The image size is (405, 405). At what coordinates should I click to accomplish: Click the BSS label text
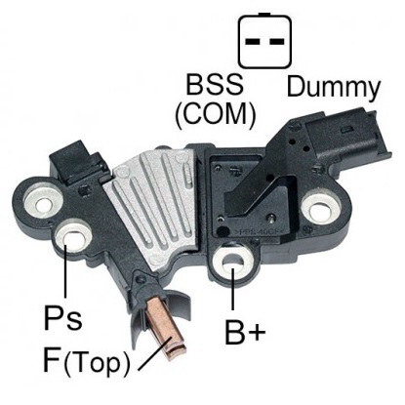point(215,85)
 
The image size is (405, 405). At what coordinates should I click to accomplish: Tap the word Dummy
point(334,87)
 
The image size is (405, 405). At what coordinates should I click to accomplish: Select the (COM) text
point(216,116)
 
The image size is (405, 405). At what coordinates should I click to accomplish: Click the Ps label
point(62,317)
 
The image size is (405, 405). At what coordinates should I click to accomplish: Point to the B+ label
point(245,333)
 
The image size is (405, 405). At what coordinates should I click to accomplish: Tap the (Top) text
point(97,363)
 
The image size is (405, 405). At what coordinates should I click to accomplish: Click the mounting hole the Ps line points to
point(73,240)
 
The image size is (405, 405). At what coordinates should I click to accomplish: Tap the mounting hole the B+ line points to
point(232,262)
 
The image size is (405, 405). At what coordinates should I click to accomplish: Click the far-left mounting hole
point(43,205)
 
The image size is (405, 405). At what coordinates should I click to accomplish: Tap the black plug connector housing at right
point(346,138)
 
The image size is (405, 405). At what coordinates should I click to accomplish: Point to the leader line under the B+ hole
point(232,290)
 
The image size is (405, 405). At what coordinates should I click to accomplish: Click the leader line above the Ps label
point(65,270)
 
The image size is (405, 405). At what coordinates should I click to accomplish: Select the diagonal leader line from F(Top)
point(155,354)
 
